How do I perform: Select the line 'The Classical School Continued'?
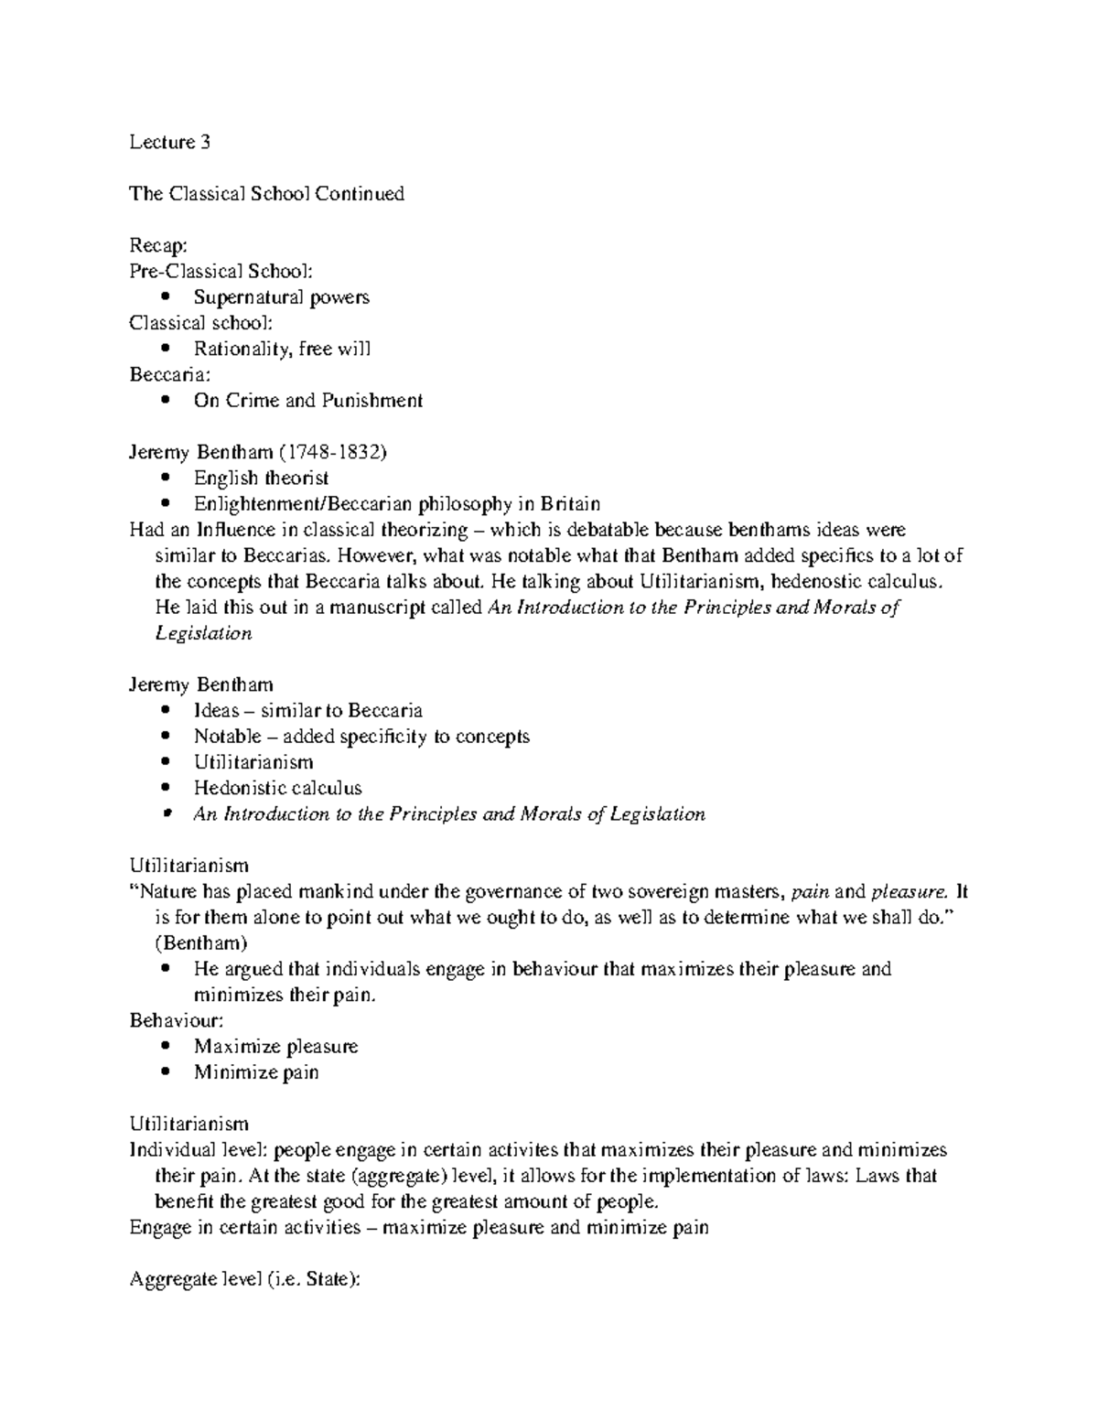coord(266,194)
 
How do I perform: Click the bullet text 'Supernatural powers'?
coord(281,297)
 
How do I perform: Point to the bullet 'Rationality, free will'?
coord(282,349)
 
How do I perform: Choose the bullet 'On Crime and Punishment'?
coord(307,400)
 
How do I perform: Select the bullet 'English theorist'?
coord(261,478)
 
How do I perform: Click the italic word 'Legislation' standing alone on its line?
coord(203,633)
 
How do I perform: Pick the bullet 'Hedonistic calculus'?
coord(277,788)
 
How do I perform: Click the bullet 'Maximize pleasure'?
coord(275,1047)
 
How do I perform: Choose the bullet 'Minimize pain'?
coord(256,1072)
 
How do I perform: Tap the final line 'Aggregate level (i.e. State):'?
coord(246,1280)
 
